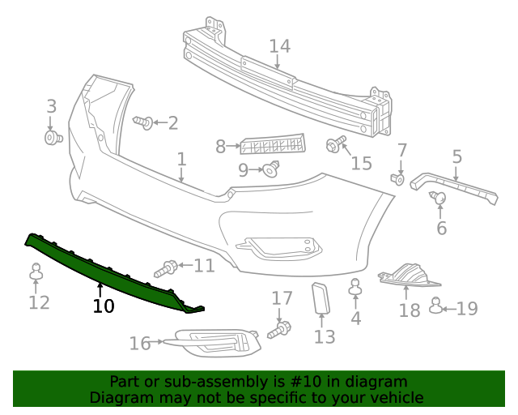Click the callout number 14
pyautogui.click(x=279, y=46)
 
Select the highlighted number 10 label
pyautogui.click(x=104, y=306)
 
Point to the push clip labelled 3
pyautogui.click(x=53, y=138)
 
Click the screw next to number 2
pyautogui.click(x=144, y=122)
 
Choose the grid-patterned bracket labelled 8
pyautogui.click(x=273, y=145)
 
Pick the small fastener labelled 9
pyautogui.click(x=270, y=169)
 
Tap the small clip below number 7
pyautogui.click(x=397, y=178)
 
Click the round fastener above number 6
pyautogui.click(x=440, y=197)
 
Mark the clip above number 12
pyautogui.click(x=36, y=273)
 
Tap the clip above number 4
pyautogui.click(x=355, y=286)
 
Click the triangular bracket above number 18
pyautogui.click(x=410, y=276)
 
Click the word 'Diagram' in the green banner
pyautogui.click(x=120, y=397)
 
